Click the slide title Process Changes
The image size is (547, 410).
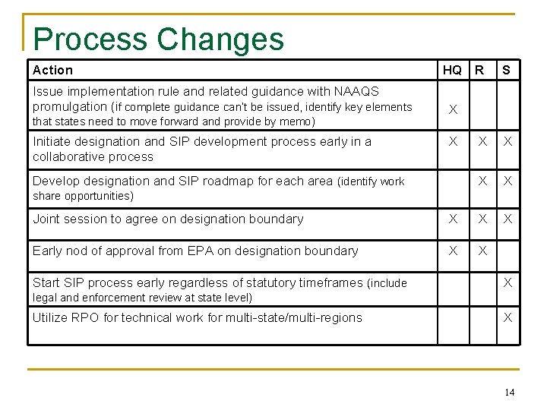(158, 39)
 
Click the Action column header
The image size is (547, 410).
(52, 71)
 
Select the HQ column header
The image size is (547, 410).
(452, 71)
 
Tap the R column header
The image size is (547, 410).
(479, 71)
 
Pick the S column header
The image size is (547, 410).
(507, 71)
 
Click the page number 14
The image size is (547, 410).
(508, 393)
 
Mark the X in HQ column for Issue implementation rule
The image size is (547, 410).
(453, 110)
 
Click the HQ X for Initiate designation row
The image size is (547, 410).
(453, 142)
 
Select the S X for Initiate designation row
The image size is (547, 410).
(507, 142)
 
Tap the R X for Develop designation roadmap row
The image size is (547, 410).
(481, 181)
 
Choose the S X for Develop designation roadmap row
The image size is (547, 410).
(507, 181)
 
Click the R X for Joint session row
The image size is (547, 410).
(481, 219)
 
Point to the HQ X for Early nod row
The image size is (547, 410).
(453, 251)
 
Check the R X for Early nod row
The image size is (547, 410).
(481, 251)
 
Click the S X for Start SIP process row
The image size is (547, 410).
(507, 282)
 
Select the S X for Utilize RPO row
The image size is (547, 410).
(507, 317)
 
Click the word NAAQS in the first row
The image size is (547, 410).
(356, 91)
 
